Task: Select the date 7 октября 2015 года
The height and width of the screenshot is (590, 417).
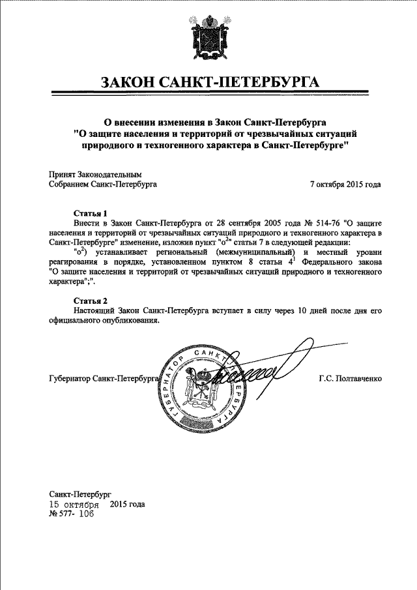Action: pos(345,184)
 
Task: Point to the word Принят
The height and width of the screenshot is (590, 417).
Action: pos(63,175)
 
